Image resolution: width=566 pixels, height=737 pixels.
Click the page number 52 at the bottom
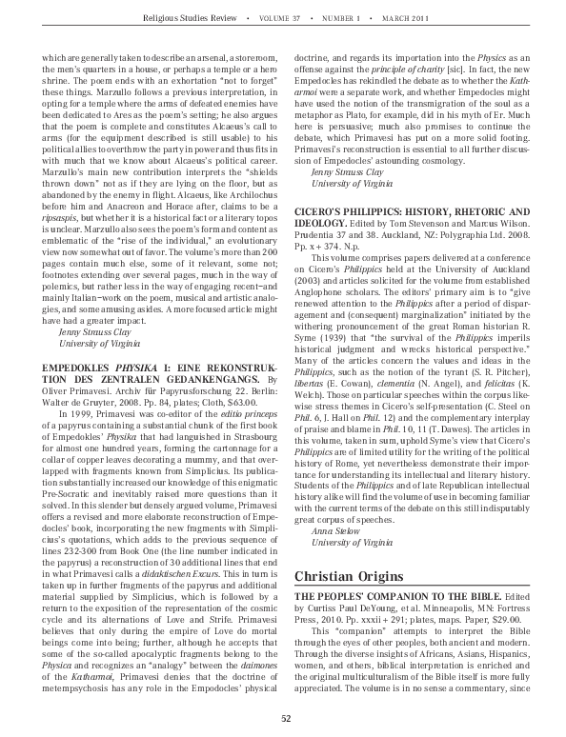(x=283, y=718)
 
